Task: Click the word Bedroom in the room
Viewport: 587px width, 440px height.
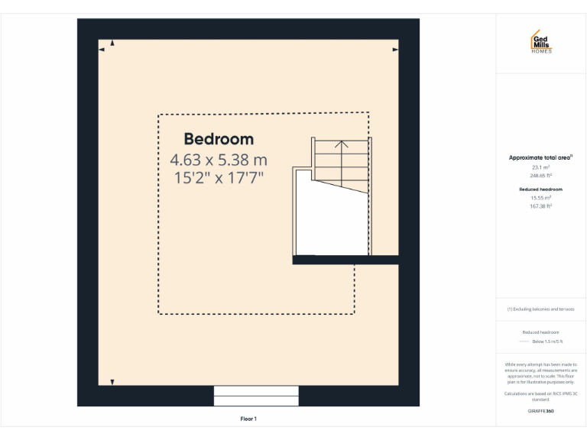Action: [x=219, y=140]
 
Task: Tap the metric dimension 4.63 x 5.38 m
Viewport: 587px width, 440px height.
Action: [x=219, y=160]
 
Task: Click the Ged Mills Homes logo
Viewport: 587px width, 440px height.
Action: [x=540, y=43]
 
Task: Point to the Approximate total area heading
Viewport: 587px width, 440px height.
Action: [x=540, y=158]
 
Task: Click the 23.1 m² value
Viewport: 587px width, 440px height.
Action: [x=540, y=167]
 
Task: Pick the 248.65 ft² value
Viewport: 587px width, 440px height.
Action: [x=540, y=175]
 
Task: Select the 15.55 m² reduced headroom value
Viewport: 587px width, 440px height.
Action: [x=540, y=197]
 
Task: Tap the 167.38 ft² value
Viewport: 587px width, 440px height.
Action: [x=540, y=205]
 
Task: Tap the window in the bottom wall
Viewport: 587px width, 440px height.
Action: [x=256, y=396]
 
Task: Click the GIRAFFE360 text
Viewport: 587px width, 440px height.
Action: [x=540, y=411]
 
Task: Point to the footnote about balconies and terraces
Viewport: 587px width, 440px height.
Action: [x=540, y=309]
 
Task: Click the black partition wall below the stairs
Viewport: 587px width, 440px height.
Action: [x=346, y=260]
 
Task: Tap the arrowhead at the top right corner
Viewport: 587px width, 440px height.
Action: [x=395, y=50]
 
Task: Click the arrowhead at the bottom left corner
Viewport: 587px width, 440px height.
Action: [x=112, y=381]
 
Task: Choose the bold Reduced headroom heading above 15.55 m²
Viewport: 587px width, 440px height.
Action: [x=540, y=189]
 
